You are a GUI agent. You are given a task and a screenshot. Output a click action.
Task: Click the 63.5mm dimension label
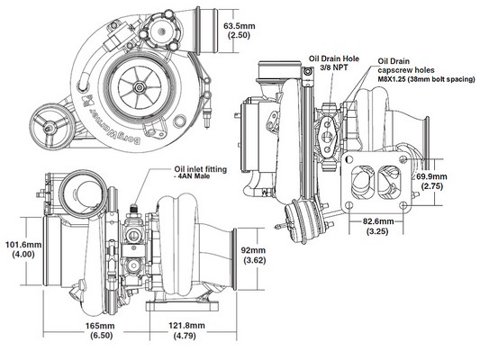point(239,26)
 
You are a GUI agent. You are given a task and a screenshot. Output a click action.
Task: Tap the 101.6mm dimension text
point(23,245)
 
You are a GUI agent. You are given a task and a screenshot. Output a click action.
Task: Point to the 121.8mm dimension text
point(186,326)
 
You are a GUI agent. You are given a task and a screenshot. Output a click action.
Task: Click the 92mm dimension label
point(253,250)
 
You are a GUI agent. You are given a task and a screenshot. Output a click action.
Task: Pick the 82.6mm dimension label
point(378,220)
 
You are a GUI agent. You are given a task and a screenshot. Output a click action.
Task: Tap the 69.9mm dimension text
point(431,176)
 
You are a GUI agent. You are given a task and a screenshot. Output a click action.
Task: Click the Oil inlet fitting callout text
point(201,172)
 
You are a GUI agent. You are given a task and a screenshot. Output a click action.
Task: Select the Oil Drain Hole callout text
point(334,63)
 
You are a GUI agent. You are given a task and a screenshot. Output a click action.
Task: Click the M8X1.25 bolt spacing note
point(427,79)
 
